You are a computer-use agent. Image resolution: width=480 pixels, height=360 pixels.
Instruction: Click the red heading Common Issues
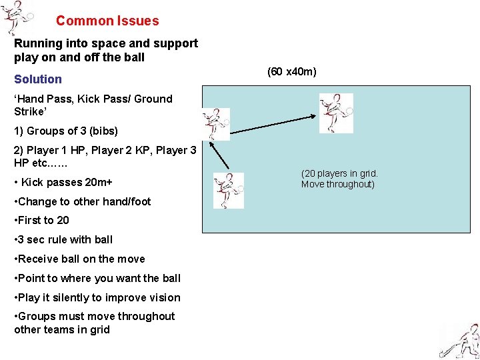(107, 21)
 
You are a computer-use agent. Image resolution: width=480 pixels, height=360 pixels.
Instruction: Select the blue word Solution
(38, 79)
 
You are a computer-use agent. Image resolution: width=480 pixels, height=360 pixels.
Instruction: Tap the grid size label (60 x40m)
(291, 71)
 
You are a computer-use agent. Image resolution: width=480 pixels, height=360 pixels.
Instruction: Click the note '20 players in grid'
(339, 179)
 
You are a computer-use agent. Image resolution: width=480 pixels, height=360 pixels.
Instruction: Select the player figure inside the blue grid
(336, 112)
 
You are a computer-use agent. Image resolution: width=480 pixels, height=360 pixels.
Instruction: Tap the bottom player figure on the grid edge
(228, 191)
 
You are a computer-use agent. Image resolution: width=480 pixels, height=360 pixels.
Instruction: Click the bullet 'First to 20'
(41, 221)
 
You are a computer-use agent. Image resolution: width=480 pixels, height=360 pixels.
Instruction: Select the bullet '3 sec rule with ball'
(63, 240)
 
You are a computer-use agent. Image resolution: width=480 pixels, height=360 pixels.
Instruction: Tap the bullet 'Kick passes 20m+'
(63, 182)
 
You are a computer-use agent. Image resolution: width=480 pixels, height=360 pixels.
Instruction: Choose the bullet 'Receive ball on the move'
(79, 259)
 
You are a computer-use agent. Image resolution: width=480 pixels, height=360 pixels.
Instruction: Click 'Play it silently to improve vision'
(97, 298)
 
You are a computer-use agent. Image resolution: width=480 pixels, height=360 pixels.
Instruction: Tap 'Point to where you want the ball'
(97, 279)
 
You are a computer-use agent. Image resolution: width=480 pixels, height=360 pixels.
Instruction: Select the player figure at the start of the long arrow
(217, 124)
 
